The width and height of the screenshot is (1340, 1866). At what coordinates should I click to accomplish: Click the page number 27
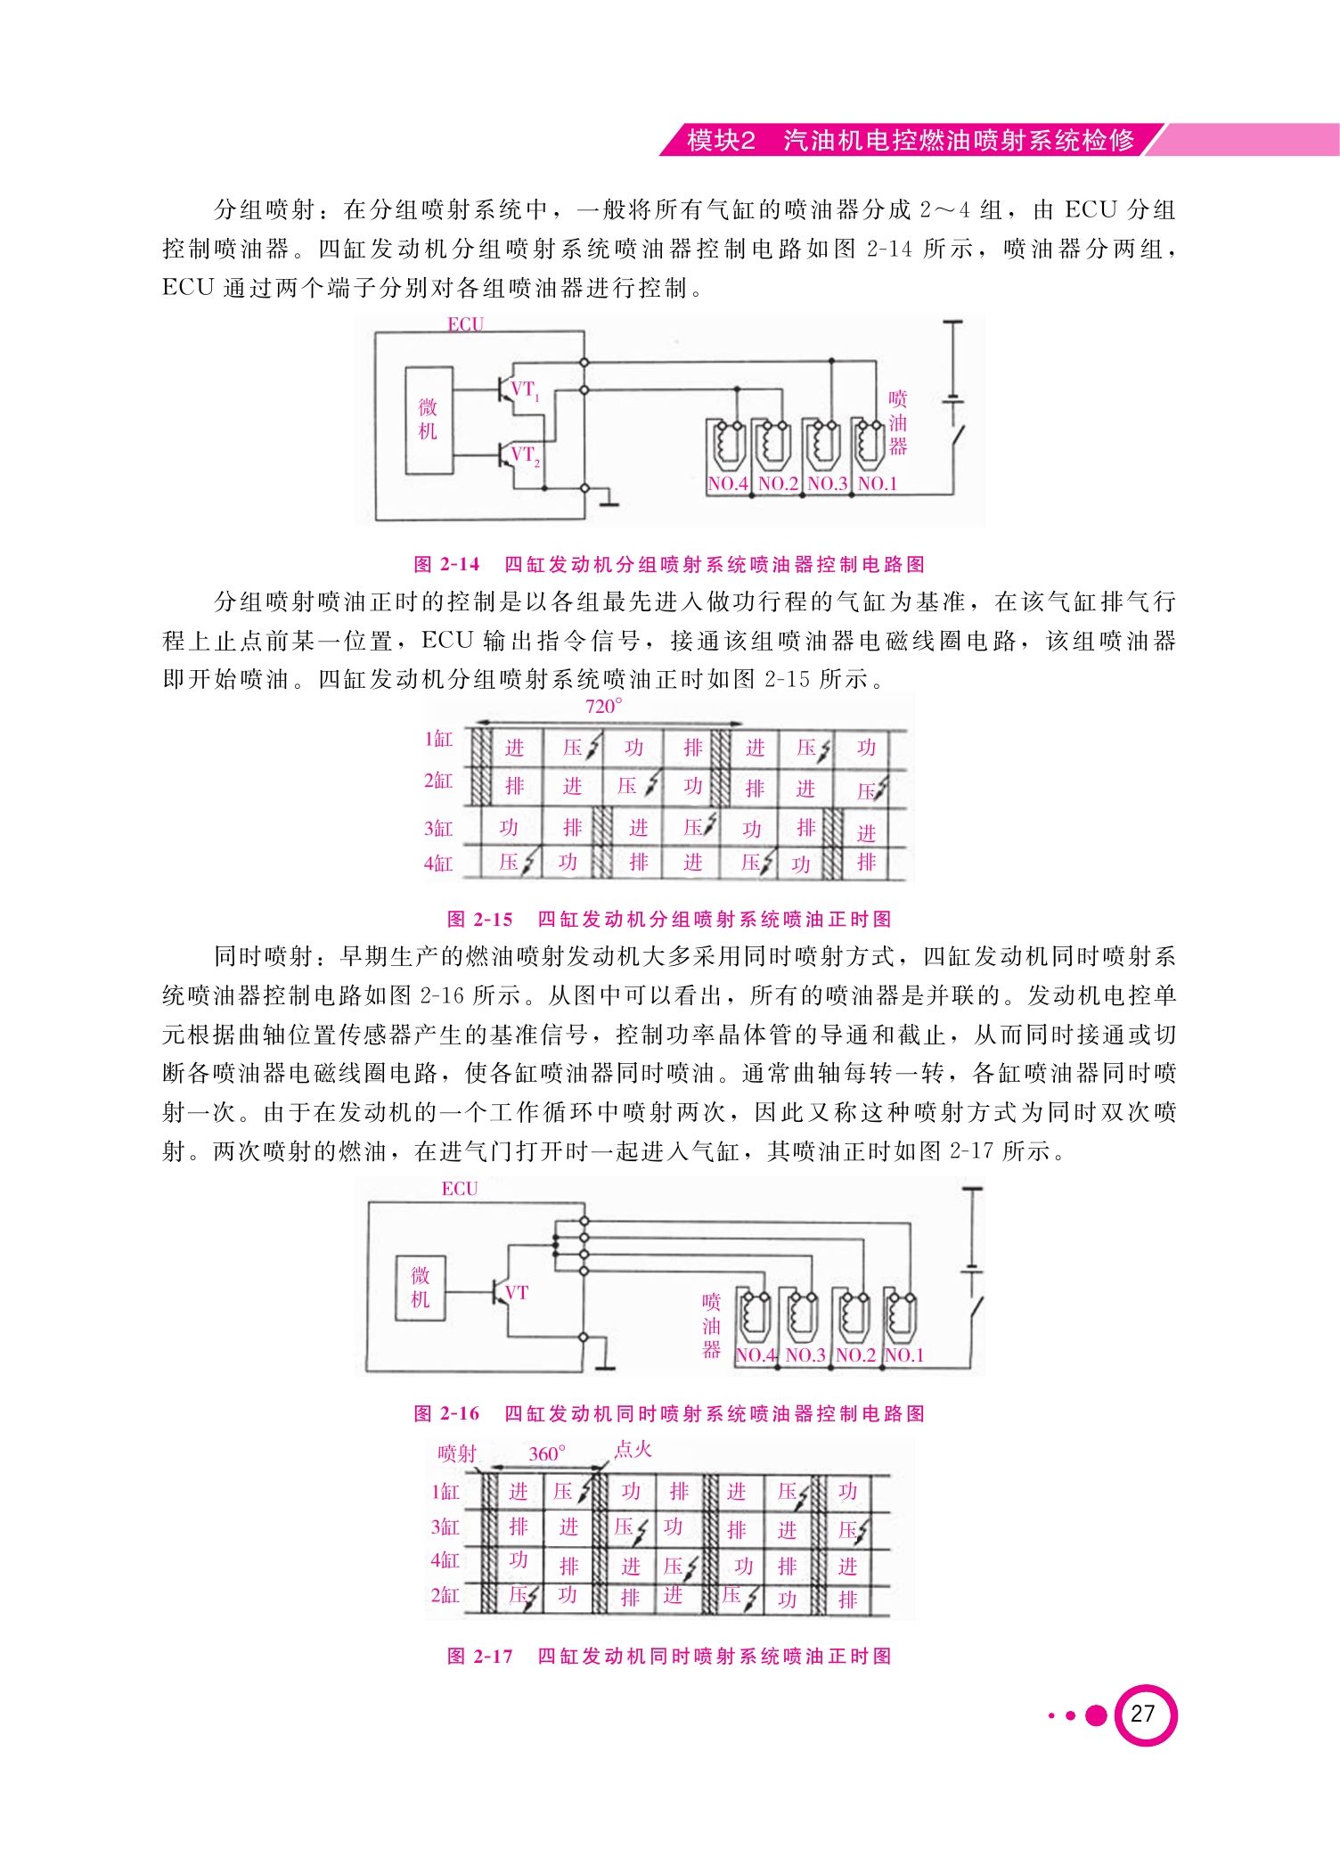[x=1142, y=1714]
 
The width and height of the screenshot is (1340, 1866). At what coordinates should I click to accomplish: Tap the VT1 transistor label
[x=525, y=390]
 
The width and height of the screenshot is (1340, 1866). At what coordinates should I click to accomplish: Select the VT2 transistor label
[x=525, y=455]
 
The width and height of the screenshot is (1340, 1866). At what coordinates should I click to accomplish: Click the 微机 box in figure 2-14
[x=429, y=420]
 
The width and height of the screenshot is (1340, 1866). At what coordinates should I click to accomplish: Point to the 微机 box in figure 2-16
[x=421, y=1288]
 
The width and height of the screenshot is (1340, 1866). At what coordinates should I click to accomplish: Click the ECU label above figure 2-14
[x=465, y=324]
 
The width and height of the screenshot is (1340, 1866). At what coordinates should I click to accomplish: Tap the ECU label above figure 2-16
[x=460, y=1189]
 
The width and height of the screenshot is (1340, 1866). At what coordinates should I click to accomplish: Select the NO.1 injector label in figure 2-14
[x=878, y=484]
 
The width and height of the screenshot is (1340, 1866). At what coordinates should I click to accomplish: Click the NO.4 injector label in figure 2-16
[x=756, y=1355]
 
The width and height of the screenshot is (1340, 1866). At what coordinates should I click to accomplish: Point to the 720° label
[x=604, y=707]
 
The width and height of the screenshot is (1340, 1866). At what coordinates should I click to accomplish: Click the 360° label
[x=547, y=1454]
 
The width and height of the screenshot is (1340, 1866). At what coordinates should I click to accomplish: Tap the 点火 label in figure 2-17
[x=633, y=1449]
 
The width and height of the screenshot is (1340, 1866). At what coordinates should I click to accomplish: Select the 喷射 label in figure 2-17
[x=458, y=1454]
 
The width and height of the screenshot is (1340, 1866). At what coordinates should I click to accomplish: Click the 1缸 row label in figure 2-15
[x=438, y=740]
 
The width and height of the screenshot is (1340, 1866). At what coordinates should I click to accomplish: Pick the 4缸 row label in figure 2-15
[x=438, y=863]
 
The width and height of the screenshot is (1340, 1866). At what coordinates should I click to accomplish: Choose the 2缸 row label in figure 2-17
[x=445, y=1595]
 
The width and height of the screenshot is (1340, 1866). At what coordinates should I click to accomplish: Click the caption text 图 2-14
[x=447, y=564]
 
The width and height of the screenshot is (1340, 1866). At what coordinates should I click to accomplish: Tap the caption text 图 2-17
[x=480, y=1657]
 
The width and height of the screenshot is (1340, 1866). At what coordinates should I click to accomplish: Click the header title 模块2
[x=722, y=141]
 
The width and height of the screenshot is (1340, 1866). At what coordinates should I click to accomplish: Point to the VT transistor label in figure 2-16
[x=517, y=1293]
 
